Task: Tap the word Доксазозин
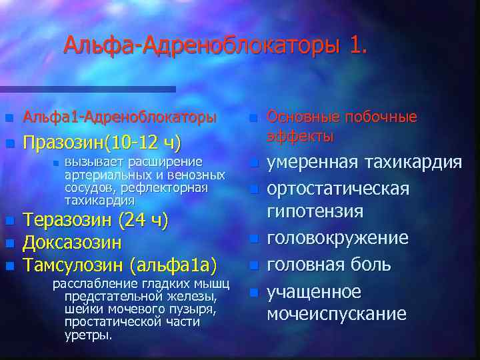point(72,243)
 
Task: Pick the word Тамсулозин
point(73,265)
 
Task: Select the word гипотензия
point(315,212)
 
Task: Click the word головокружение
point(338,238)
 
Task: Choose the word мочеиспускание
point(337,314)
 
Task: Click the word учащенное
point(314,291)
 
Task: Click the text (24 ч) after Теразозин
point(143,221)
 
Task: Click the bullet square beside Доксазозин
point(9,243)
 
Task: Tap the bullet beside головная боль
point(253,265)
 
